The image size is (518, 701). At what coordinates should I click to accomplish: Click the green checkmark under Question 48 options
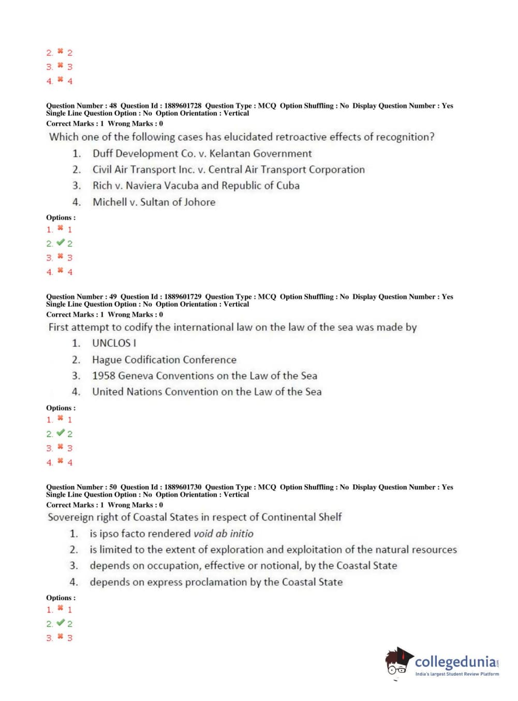pyautogui.click(x=61, y=242)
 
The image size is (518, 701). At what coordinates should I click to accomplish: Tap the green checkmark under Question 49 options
pyautogui.click(x=61, y=433)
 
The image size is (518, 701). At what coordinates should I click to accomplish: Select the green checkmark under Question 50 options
pyautogui.click(x=61, y=623)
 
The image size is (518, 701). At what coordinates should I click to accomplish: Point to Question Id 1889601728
pyautogui.click(x=183, y=106)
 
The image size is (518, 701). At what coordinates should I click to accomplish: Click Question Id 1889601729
pyautogui.click(x=183, y=297)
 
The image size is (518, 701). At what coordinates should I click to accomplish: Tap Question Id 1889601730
pyautogui.click(x=183, y=487)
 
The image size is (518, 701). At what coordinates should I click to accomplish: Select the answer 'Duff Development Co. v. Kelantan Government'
pyautogui.click(x=202, y=154)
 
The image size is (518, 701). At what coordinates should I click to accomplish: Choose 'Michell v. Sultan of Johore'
pyautogui.click(x=154, y=202)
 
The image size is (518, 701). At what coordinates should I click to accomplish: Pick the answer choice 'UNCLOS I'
pyautogui.click(x=114, y=343)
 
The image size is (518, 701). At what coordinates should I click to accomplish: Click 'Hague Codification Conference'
pyautogui.click(x=164, y=360)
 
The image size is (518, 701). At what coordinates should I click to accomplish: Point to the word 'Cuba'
pyautogui.click(x=288, y=186)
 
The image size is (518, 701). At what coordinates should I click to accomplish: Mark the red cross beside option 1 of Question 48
pyautogui.click(x=60, y=228)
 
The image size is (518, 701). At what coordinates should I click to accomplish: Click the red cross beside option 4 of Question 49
pyautogui.click(x=60, y=461)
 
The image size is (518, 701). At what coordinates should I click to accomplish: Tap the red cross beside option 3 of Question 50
pyautogui.click(x=60, y=636)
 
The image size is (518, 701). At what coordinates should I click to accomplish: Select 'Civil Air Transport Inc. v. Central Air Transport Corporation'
pyautogui.click(x=228, y=170)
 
